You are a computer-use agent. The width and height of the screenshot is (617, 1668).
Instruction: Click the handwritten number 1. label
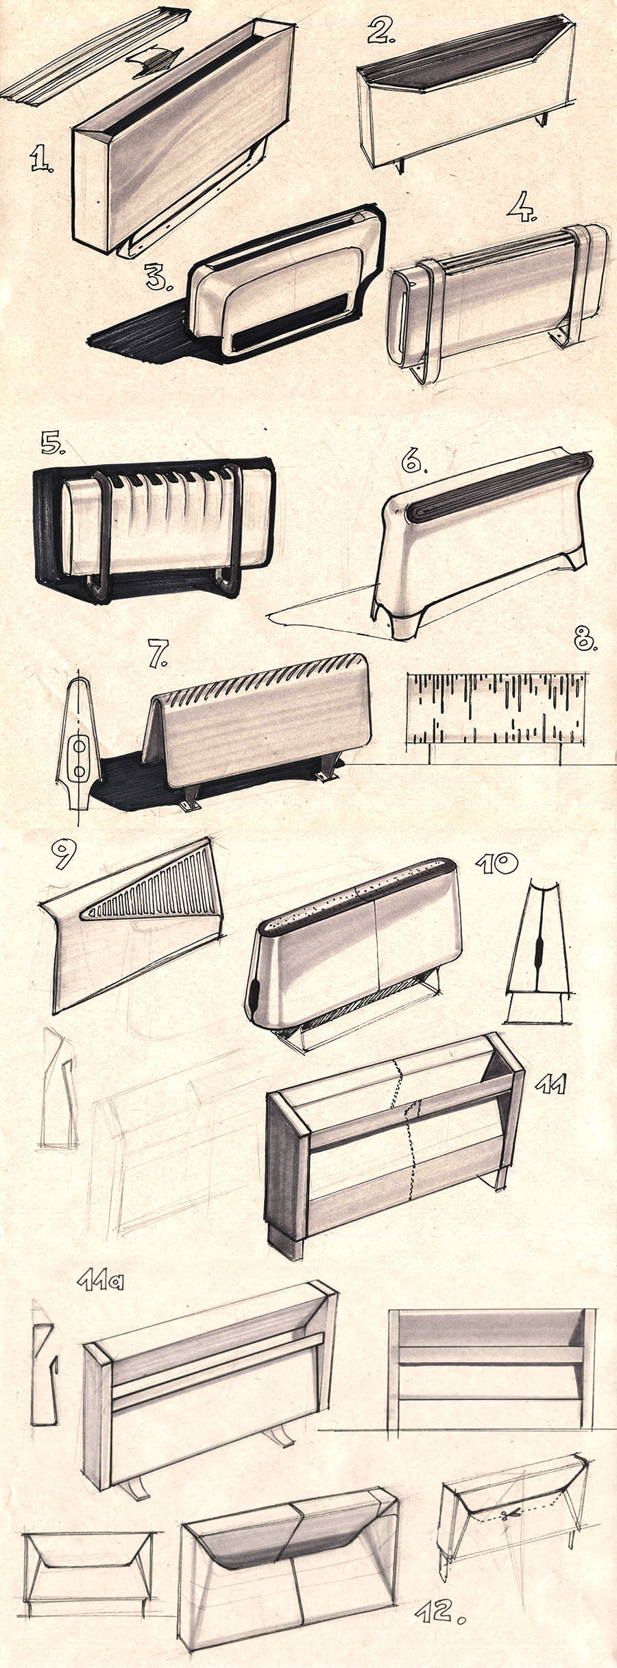(x=42, y=160)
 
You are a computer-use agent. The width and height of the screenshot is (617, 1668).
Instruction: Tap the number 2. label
(x=382, y=32)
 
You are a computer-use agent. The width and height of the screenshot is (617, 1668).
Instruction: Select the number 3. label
(x=159, y=275)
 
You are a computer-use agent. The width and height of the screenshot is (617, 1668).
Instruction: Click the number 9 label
(x=63, y=855)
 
